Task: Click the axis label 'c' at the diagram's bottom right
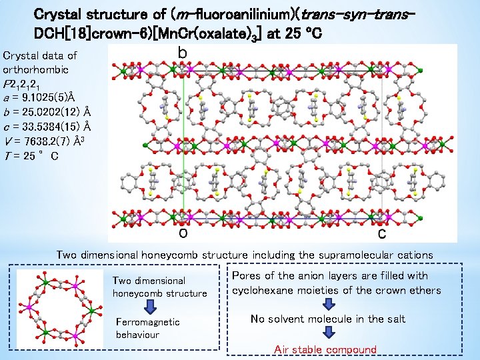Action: (x=382, y=233)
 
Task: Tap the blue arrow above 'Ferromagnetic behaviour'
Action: (x=150, y=307)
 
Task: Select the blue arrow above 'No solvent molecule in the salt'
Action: (x=327, y=304)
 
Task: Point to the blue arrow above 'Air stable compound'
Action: (x=327, y=335)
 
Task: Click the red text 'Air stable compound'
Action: (x=325, y=349)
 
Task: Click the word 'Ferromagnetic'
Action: (x=147, y=322)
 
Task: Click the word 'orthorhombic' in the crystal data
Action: (x=33, y=70)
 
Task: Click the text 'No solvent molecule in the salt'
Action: (x=327, y=319)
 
